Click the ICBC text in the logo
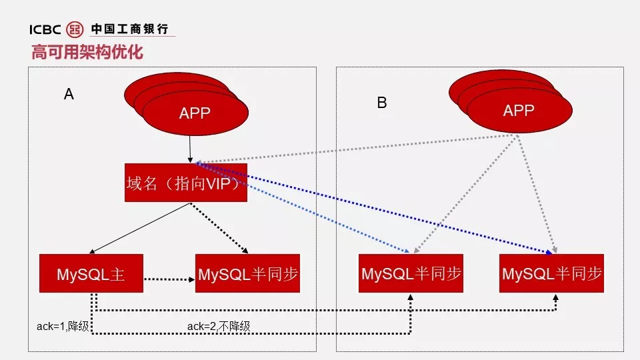click(x=45, y=29)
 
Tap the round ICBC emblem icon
click(x=75, y=29)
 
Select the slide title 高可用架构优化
click(x=87, y=51)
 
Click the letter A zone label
click(x=69, y=94)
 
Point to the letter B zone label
click(x=382, y=103)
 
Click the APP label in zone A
click(x=195, y=113)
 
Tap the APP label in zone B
click(x=519, y=111)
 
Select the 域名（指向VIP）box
click(x=186, y=183)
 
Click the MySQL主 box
click(x=91, y=273)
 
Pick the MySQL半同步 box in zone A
click(x=248, y=273)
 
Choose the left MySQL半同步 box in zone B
click(x=411, y=273)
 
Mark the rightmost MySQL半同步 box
click(x=552, y=273)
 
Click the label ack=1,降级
click(x=63, y=326)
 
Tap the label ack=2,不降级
click(x=219, y=326)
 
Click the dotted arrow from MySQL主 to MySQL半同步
click(x=169, y=279)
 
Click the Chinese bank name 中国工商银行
click(x=129, y=29)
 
